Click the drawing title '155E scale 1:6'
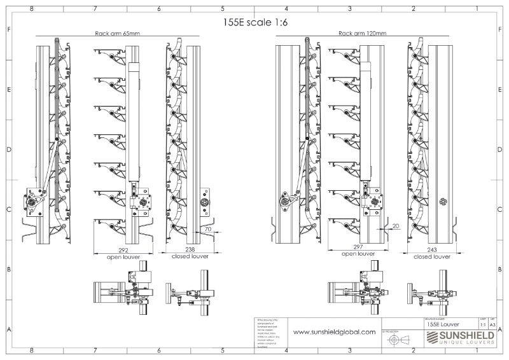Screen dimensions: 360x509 [x=254, y=21]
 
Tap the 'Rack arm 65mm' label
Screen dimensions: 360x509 [x=117, y=33]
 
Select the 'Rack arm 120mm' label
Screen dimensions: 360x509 [x=362, y=33]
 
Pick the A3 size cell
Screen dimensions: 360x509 [x=492, y=324]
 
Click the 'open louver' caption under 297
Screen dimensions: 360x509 [x=358, y=254]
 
